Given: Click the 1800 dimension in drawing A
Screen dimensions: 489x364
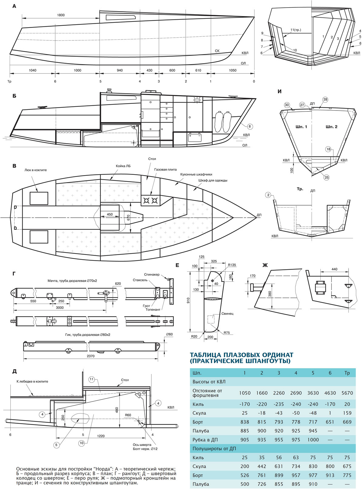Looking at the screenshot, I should tap(61, 15).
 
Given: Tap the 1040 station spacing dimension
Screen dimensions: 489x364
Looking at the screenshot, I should tap(32, 70).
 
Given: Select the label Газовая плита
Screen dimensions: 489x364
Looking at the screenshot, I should tap(165, 170).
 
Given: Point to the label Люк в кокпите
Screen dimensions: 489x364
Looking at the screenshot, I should tap(35, 170).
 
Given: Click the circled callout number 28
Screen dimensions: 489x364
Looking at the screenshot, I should tap(325, 100).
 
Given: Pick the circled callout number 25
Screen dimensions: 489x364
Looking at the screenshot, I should tap(326, 177).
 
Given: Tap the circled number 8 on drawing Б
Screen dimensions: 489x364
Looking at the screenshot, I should tap(249, 126).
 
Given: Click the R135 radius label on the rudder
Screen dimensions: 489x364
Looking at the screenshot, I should tap(232, 265).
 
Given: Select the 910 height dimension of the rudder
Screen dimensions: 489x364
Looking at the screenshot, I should tap(188, 301).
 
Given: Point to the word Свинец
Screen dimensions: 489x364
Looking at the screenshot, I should tap(227, 314).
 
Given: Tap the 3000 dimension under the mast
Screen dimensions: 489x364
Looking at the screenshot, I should tap(60, 308).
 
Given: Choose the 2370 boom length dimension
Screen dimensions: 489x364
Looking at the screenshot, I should tap(90, 356).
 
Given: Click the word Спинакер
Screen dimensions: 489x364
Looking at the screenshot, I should tap(152, 274).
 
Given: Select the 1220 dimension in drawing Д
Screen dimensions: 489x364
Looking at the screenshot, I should tap(101, 436).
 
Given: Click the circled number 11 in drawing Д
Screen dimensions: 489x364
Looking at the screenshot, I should tap(92, 379).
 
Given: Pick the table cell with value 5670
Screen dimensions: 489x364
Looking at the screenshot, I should tap(347, 393).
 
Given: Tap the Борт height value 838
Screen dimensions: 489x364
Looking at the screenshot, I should tap(244, 422).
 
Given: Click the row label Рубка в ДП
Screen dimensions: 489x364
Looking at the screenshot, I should tap(205, 440).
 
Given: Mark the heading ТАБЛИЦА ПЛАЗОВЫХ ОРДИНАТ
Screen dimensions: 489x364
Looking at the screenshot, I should tap(241, 355).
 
